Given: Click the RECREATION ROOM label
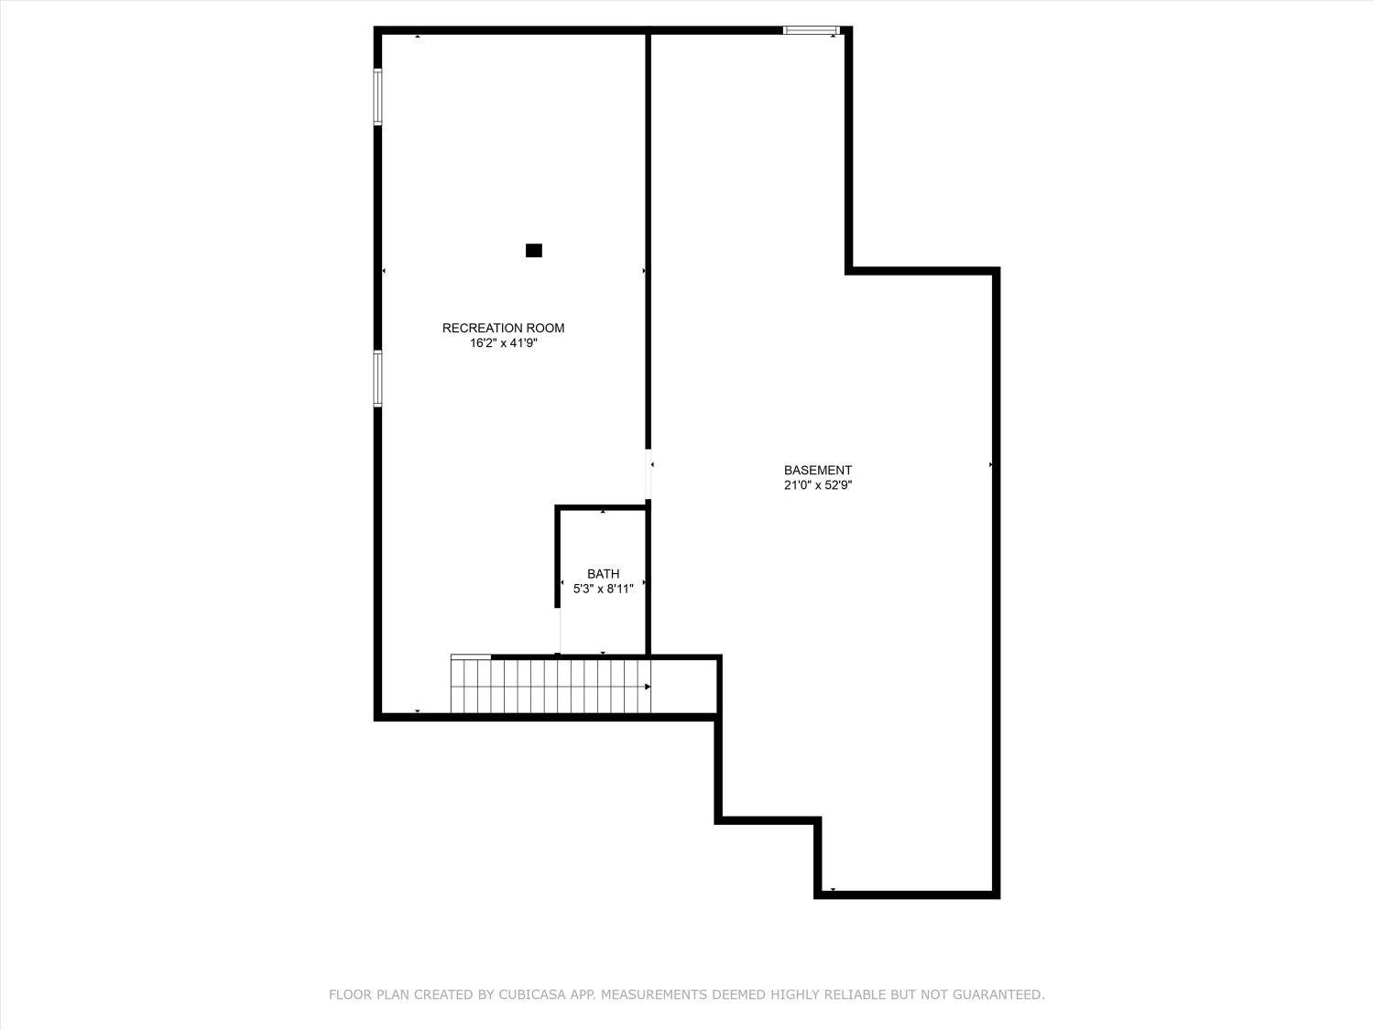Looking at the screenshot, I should click(x=503, y=328).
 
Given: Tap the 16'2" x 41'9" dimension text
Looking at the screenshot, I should click(x=503, y=343).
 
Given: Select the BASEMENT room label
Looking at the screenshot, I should click(x=817, y=471).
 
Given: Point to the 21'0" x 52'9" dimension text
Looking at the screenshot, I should click(x=817, y=486).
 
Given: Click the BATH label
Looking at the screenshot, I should click(x=603, y=574).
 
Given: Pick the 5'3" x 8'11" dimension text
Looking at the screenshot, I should click(x=603, y=590).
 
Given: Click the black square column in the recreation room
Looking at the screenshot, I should click(x=534, y=250).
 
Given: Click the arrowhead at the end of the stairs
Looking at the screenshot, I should click(x=648, y=686).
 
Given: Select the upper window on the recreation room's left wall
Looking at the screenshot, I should click(x=377, y=96).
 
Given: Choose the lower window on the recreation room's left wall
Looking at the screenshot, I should click(x=377, y=378).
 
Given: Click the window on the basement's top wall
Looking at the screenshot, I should click(x=811, y=31).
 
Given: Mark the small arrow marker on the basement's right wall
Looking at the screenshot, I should click(x=991, y=465).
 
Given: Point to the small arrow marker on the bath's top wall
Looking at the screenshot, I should click(x=603, y=511).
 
